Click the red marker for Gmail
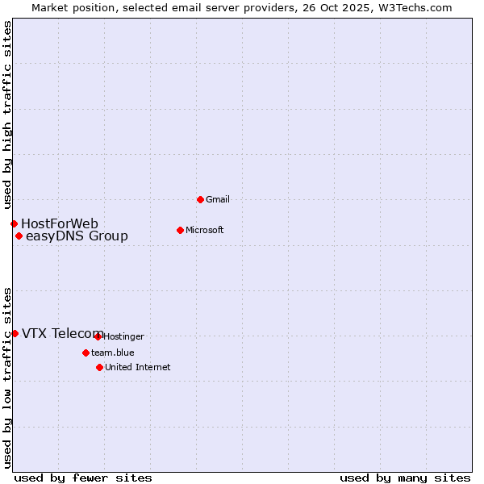[200, 199]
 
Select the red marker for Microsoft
[180, 230]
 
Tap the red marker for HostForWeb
[14, 223]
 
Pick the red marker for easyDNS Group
[19, 236]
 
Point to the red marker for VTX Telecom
[15, 333]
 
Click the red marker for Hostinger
[98, 336]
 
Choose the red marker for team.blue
[86, 353]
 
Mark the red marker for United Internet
[99, 367]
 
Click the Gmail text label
[218, 199]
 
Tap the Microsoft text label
[205, 230]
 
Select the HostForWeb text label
[60, 223]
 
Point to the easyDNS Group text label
[77, 236]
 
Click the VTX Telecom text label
[62, 333]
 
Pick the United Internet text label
[137, 367]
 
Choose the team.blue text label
[112, 353]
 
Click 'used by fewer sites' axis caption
[83, 478]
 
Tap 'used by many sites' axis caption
[405, 478]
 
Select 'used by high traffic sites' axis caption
[7, 115]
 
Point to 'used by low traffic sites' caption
[7, 378]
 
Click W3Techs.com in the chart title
[415, 7]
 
